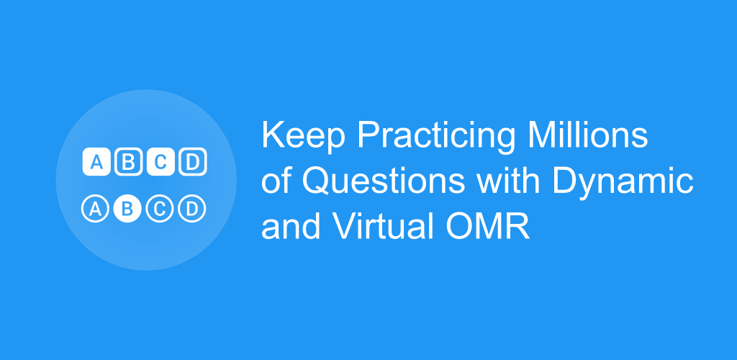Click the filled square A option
[96, 162]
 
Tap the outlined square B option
[128, 162]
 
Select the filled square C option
[160, 162]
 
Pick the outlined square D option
[193, 162]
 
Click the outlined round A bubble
[96, 208]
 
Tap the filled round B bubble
[127, 208]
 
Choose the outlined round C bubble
[160, 208]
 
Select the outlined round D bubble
[191, 208]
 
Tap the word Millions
[588, 135]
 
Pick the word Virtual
[384, 227]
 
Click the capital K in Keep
[273, 135]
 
